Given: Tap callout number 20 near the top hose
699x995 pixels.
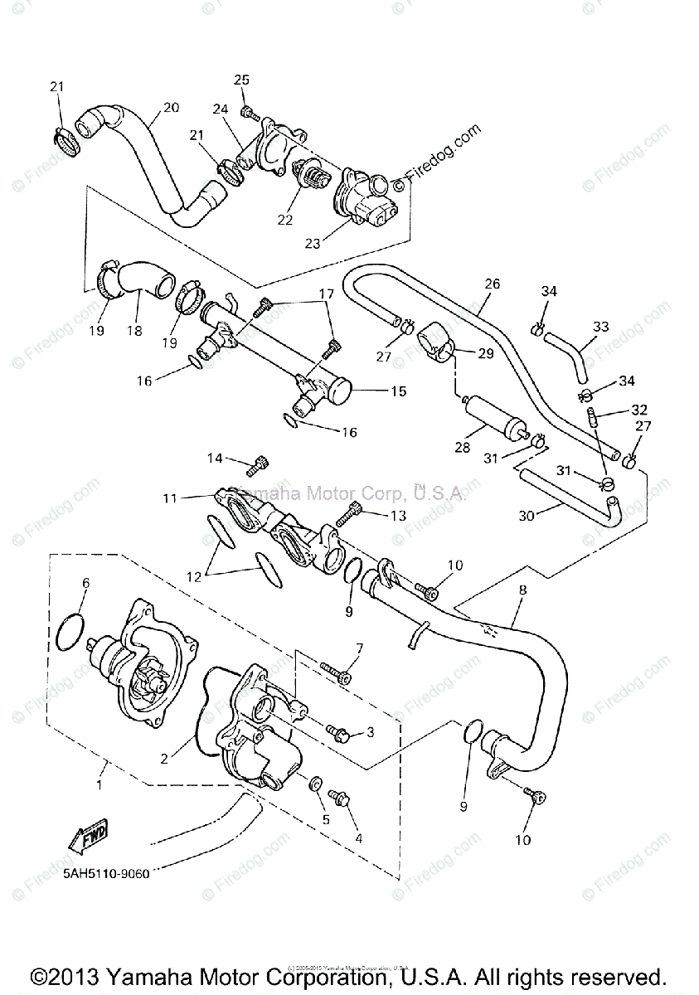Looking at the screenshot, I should point(171,107).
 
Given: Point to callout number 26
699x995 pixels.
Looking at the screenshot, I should point(493,284).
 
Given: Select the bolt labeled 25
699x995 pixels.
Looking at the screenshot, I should point(246,111).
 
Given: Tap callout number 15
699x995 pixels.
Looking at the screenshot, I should point(399,391).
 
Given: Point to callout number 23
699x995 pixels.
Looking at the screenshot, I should point(313,244).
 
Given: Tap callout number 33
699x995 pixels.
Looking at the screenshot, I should point(601,327).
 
